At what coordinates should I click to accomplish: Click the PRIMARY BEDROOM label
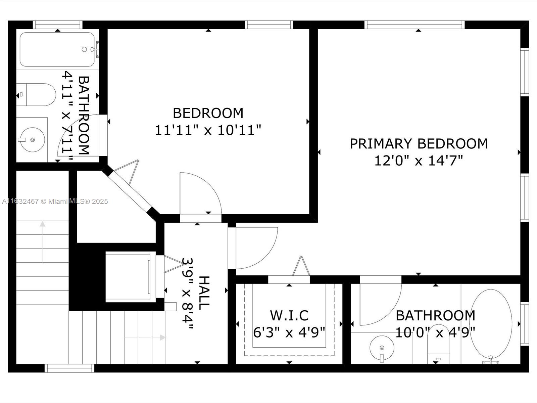point(419,144)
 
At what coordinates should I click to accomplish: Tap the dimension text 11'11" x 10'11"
point(208,130)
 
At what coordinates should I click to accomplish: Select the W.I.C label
point(289,315)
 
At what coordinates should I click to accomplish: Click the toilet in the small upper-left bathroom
point(36,95)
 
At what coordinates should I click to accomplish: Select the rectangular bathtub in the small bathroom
point(57,49)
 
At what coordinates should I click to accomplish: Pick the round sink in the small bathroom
point(32,140)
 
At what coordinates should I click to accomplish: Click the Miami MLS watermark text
point(55,201)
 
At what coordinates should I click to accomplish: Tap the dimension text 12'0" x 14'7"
point(419,161)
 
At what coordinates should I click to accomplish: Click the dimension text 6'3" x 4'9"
point(289,332)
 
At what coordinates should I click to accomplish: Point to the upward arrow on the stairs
point(43,242)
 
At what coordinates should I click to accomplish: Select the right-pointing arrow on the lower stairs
point(145,338)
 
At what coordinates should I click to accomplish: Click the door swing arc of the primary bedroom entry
point(269,255)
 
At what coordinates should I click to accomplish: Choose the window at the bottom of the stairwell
point(70,368)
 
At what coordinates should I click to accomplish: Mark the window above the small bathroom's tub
point(57,25)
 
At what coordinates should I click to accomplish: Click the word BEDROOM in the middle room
point(208,113)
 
